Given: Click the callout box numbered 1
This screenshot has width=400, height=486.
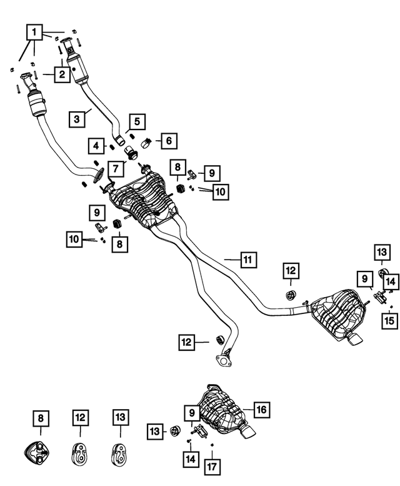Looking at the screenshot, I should [34, 31].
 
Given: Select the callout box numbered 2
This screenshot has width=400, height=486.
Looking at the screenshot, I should [61, 75].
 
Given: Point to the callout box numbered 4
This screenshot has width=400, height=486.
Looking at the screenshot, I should [96, 146].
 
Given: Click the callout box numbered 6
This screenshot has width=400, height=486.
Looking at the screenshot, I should [168, 141].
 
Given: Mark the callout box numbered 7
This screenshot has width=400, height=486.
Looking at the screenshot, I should [115, 168].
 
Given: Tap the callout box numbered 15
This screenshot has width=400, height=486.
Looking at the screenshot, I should [389, 321].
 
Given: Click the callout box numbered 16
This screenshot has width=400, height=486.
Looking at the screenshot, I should [260, 410].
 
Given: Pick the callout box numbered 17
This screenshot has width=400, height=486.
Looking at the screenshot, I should [214, 465].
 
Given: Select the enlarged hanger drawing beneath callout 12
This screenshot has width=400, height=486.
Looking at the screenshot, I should [80, 449].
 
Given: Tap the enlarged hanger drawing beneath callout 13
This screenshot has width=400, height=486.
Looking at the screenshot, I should [119, 449].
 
